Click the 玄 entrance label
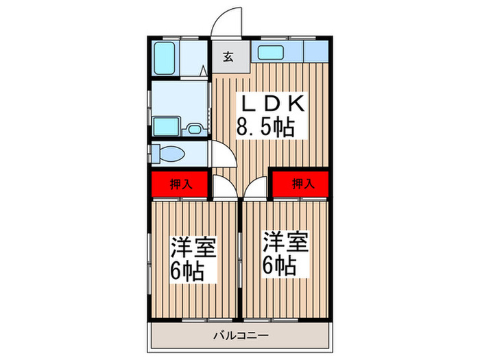[227, 57]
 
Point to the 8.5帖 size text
[265, 127]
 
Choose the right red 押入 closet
[300, 183]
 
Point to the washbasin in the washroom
[194, 128]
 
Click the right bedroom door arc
[255, 185]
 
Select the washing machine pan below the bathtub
[167, 127]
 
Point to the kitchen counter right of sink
[314, 52]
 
